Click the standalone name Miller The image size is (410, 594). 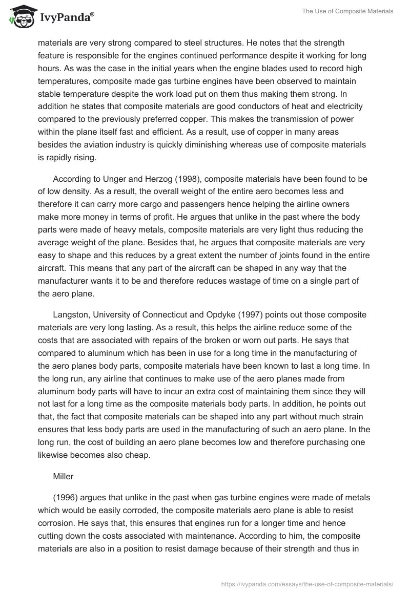[x=64, y=476]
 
